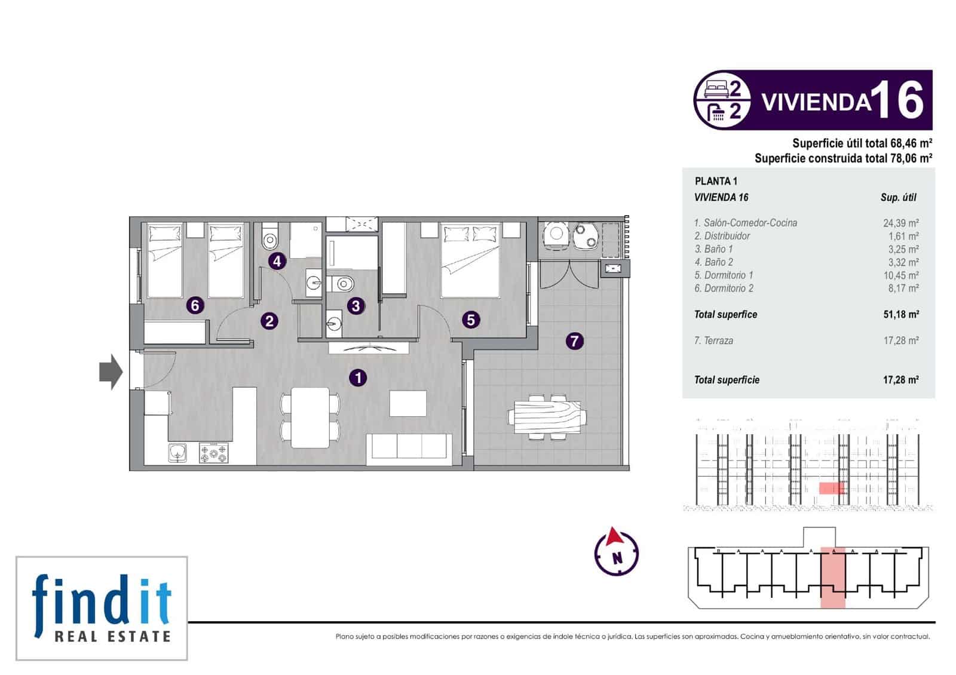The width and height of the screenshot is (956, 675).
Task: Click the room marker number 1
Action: [x=358, y=378]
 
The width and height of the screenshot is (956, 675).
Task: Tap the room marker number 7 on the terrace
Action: [x=574, y=340]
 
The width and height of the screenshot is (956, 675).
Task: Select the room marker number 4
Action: [x=277, y=260]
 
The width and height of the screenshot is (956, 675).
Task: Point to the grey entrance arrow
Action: [x=111, y=372]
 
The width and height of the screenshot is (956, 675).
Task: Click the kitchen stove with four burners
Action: [x=214, y=453]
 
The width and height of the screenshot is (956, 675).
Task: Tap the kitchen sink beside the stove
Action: [x=177, y=453]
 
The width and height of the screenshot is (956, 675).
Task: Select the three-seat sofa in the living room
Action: [x=409, y=448]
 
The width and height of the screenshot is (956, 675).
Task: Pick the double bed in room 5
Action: [x=470, y=260]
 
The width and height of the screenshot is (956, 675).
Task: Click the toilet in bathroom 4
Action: [x=269, y=237]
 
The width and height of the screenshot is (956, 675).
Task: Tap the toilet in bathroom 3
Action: [x=341, y=283]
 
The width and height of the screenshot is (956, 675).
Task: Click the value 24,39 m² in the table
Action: [x=901, y=223]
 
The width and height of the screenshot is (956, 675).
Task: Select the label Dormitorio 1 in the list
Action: [x=724, y=275]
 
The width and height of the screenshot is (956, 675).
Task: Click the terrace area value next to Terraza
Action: [x=901, y=340]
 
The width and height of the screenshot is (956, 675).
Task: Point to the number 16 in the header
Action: [x=897, y=100]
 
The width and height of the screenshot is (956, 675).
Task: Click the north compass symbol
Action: [x=616, y=551]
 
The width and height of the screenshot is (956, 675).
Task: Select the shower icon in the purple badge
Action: [x=716, y=113]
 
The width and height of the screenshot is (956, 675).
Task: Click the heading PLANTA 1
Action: [x=716, y=182]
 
